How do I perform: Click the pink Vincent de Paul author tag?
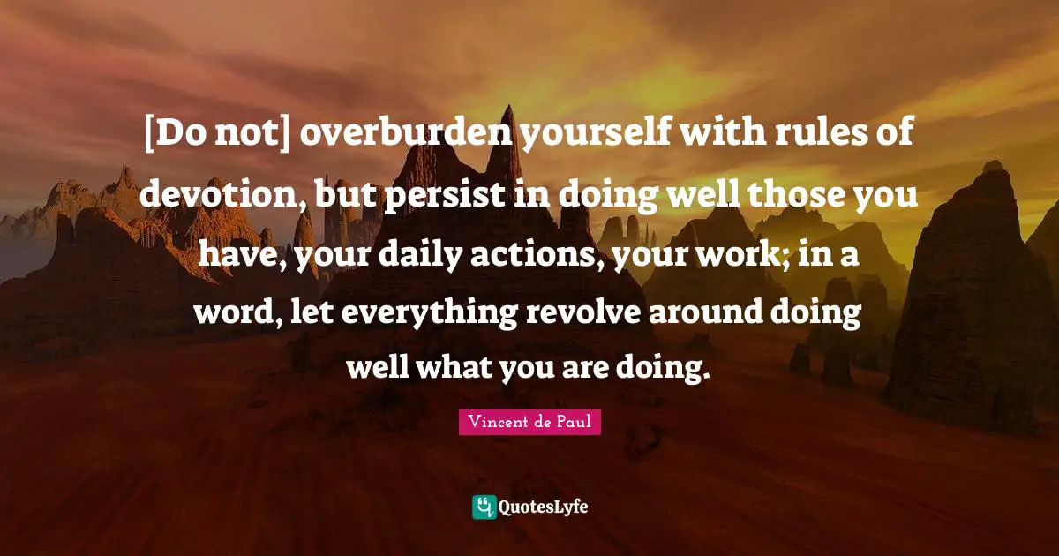[x=529, y=422]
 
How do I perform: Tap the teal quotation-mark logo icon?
[x=484, y=507]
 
